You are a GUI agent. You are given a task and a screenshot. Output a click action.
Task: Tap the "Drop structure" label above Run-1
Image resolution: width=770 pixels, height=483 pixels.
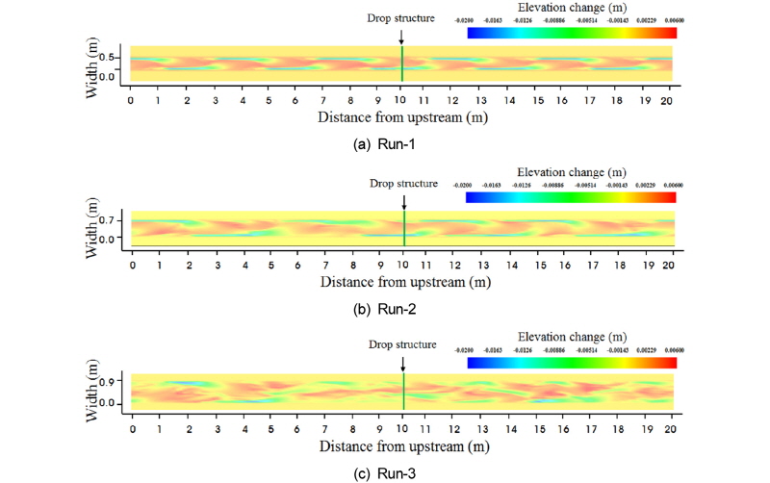coord(401,17)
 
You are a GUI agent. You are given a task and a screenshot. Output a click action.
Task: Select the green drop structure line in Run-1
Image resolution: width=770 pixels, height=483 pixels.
coord(402,64)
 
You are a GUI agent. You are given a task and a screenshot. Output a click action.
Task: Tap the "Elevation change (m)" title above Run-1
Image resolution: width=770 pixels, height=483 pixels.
coord(571,16)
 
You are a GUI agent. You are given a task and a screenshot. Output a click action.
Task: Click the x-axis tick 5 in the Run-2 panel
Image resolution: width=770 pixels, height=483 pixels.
coord(269,264)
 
